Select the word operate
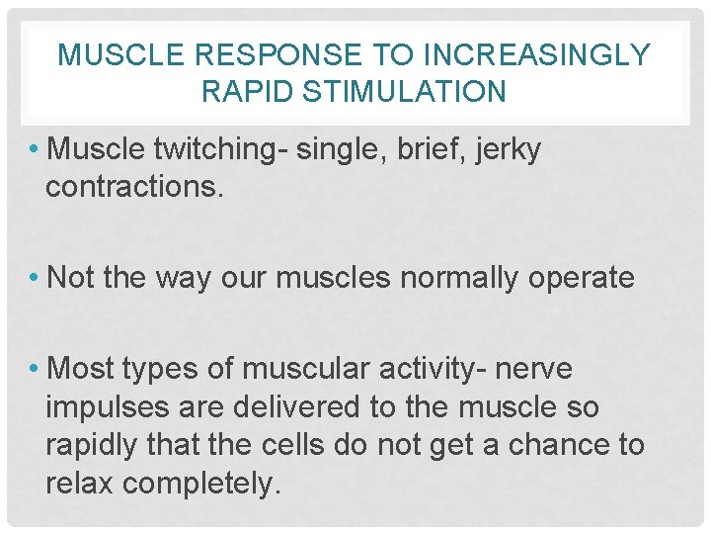point(582,278)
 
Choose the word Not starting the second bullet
point(70,278)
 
